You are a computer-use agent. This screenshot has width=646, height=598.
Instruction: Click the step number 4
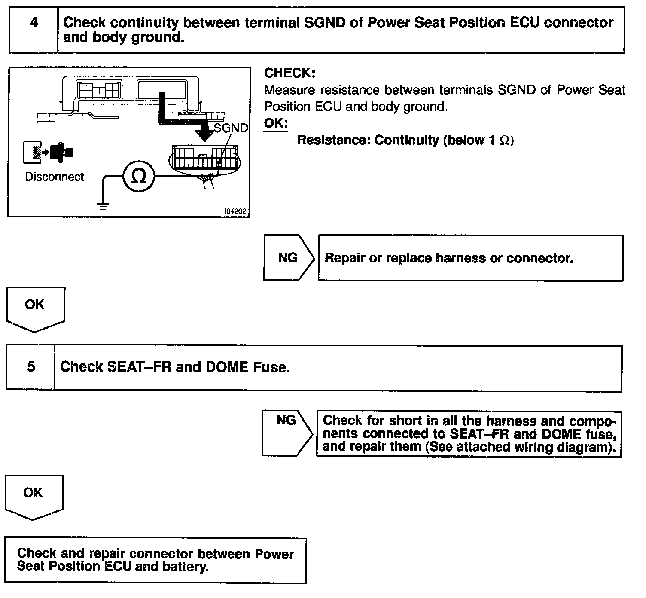[34, 23]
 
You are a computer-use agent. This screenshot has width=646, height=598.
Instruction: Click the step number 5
[31, 366]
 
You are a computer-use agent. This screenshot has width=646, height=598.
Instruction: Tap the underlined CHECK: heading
[289, 73]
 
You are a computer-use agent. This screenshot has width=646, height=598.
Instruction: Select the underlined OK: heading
[275, 123]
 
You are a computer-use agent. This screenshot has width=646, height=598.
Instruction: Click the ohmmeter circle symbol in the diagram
[138, 177]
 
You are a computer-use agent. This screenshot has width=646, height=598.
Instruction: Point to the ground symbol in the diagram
[103, 206]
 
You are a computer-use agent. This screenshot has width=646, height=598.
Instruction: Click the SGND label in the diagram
[231, 128]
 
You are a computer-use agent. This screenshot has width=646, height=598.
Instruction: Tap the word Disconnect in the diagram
[54, 177]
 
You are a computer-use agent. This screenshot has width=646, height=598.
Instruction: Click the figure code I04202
[235, 211]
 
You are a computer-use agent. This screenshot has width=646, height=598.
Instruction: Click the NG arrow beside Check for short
[286, 433]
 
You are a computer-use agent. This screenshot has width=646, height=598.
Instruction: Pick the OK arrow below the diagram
[35, 308]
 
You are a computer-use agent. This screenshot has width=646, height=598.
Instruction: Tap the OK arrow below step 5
[33, 496]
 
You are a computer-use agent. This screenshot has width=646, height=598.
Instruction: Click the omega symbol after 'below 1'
[505, 140]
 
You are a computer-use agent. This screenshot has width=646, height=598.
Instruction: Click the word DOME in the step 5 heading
[227, 367]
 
